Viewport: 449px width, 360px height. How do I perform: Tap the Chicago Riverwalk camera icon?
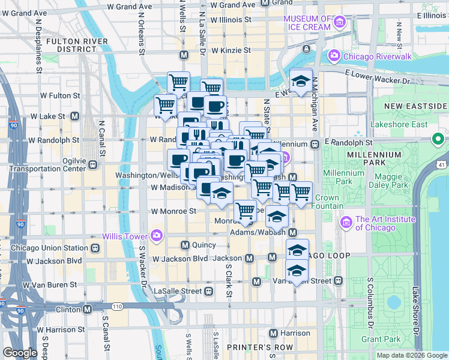[333, 56]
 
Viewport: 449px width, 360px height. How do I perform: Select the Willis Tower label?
[127, 235]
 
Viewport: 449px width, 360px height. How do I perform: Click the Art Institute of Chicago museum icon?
[346, 223]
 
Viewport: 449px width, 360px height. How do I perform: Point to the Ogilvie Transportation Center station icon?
[93, 164]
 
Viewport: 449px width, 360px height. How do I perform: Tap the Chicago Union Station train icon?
[94, 248]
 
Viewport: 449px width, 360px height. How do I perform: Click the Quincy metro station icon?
[185, 245]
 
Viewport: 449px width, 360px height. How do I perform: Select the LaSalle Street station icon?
[208, 291]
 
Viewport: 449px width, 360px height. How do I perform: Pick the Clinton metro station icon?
[88, 310]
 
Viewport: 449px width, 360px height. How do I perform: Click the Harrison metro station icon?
[273, 333]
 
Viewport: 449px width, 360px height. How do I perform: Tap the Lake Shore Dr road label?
[415, 312]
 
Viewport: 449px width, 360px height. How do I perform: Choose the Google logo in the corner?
[20, 353]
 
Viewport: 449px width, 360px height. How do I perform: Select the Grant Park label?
[381, 339]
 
